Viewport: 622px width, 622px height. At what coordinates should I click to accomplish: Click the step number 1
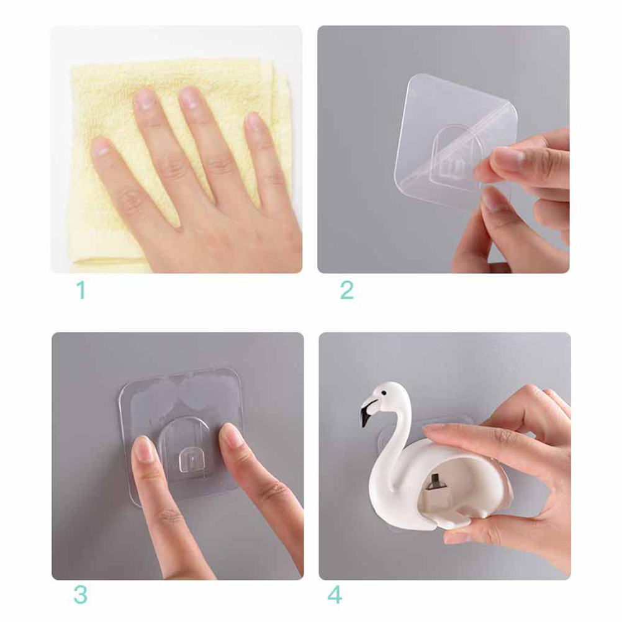(x=81, y=290)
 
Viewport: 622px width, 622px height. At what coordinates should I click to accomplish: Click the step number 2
(x=347, y=290)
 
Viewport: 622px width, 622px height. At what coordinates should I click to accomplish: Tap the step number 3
(x=81, y=595)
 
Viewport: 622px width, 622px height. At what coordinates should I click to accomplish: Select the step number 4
(x=335, y=595)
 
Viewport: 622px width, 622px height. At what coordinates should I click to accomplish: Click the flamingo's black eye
(x=384, y=393)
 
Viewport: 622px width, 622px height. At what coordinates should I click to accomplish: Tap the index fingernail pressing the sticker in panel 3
(x=143, y=449)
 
